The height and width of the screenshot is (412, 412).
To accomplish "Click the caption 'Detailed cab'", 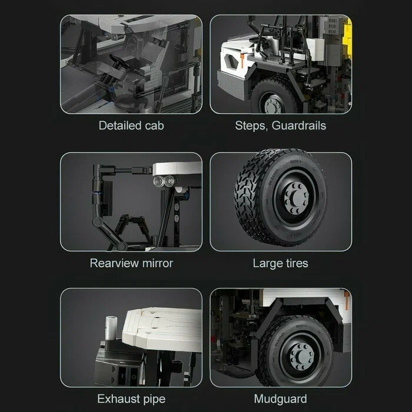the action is point(131,125).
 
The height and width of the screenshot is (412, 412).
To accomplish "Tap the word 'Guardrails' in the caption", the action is point(299,125).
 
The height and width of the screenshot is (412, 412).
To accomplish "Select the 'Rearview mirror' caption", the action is point(131,263).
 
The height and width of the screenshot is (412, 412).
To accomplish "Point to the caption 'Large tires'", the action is point(280,263).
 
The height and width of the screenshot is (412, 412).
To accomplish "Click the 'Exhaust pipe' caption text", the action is point(131,399).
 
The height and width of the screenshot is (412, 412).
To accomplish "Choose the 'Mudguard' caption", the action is point(280,399).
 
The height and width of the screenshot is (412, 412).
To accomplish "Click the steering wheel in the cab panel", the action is point(119,62).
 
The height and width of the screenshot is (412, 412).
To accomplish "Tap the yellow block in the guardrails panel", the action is point(347,36).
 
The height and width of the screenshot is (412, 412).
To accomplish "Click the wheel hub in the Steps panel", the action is point(273,105).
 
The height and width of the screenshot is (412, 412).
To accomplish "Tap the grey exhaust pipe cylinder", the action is point(111,328).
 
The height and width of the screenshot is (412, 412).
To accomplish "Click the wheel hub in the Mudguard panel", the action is point(302,356).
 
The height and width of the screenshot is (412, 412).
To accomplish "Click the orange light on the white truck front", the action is point(242,60).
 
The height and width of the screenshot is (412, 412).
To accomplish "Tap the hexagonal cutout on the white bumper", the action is point(231,60).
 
